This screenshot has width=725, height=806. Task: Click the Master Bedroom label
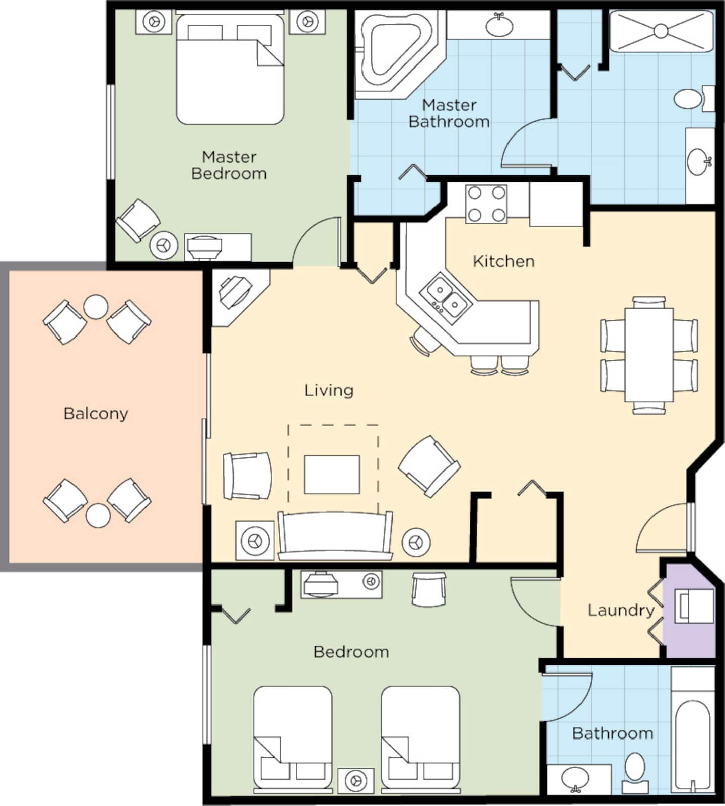(229, 165)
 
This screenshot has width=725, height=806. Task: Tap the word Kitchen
(503, 261)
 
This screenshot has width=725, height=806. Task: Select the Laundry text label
(621, 611)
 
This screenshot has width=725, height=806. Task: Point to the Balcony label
(96, 414)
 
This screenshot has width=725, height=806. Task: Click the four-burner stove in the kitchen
(486, 204)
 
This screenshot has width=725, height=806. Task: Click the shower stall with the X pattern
(661, 31)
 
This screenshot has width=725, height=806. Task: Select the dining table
(649, 355)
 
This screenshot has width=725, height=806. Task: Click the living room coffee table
(332, 475)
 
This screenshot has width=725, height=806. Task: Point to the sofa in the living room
(335, 536)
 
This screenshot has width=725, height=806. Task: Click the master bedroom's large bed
(230, 68)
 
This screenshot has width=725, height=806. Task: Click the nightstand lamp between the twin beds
(355, 780)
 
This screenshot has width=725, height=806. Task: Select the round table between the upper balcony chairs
(95, 307)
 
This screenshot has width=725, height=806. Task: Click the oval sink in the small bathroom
(575, 779)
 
